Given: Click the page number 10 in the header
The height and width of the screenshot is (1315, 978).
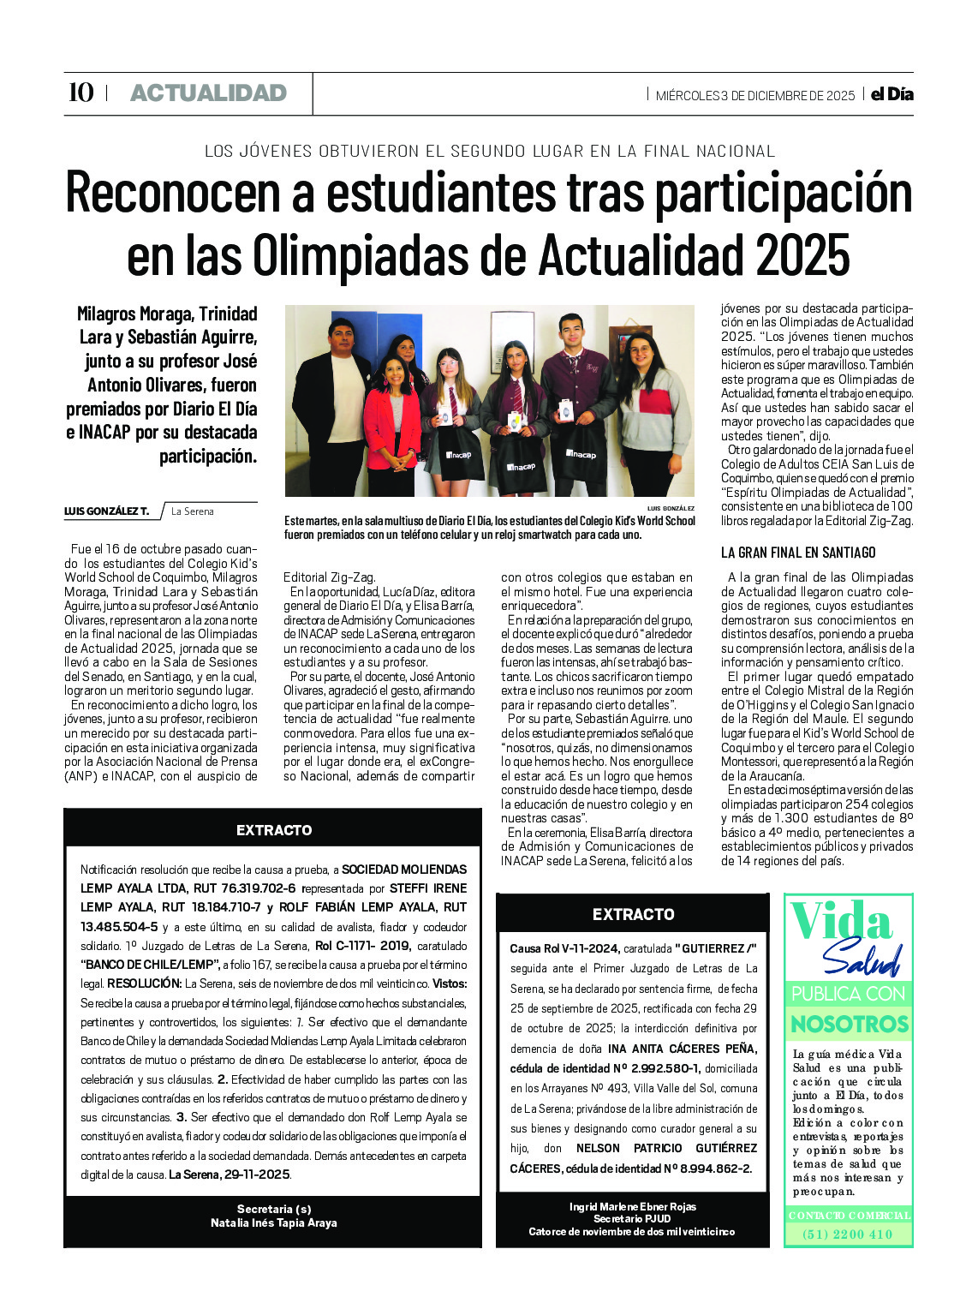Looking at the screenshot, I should pyautogui.click(x=81, y=93).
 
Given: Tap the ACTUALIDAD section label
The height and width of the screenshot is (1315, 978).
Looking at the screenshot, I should pyautogui.click(x=208, y=93).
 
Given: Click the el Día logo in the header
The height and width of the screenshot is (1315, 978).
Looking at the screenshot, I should pyautogui.click(x=892, y=94).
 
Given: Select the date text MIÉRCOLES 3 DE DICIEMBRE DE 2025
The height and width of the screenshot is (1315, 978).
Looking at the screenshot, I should pyautogui.click(x=754, y=96).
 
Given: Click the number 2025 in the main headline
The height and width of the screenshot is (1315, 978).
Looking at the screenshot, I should pyautogui.click(x=802, y=254).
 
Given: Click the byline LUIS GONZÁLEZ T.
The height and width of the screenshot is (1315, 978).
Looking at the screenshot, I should pyautogui.click(x=106, y=511).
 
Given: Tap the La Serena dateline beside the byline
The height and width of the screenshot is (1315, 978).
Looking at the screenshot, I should pyautogui.click(x=193, y=511).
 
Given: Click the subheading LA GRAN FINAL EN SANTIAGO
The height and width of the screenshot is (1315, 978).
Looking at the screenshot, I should pyautogui.click(x=798, y=553).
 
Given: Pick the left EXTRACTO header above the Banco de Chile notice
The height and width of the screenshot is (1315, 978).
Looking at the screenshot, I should pyautogui.click(x=274, y=830).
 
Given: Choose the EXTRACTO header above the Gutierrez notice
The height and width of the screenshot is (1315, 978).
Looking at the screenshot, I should pyautogui.click(x=633, y=914).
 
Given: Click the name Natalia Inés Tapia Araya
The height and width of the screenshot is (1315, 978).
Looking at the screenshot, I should pyautogui.click(x=274, y=1223).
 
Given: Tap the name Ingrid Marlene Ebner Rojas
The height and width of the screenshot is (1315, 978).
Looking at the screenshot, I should pyautogui.click(x=633, y=1207).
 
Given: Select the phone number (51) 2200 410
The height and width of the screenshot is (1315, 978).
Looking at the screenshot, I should pyautogui.click(x=848, y=1234).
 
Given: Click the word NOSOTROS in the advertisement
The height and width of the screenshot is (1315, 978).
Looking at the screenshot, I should pyautogui.click(x=849, y=1024).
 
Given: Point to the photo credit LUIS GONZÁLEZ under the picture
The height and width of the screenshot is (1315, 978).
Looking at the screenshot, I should pyautogui.click(x=671, y=508).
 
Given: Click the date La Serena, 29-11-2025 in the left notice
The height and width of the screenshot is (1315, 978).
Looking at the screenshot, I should pyautogui.click(x=230, y=1175).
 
